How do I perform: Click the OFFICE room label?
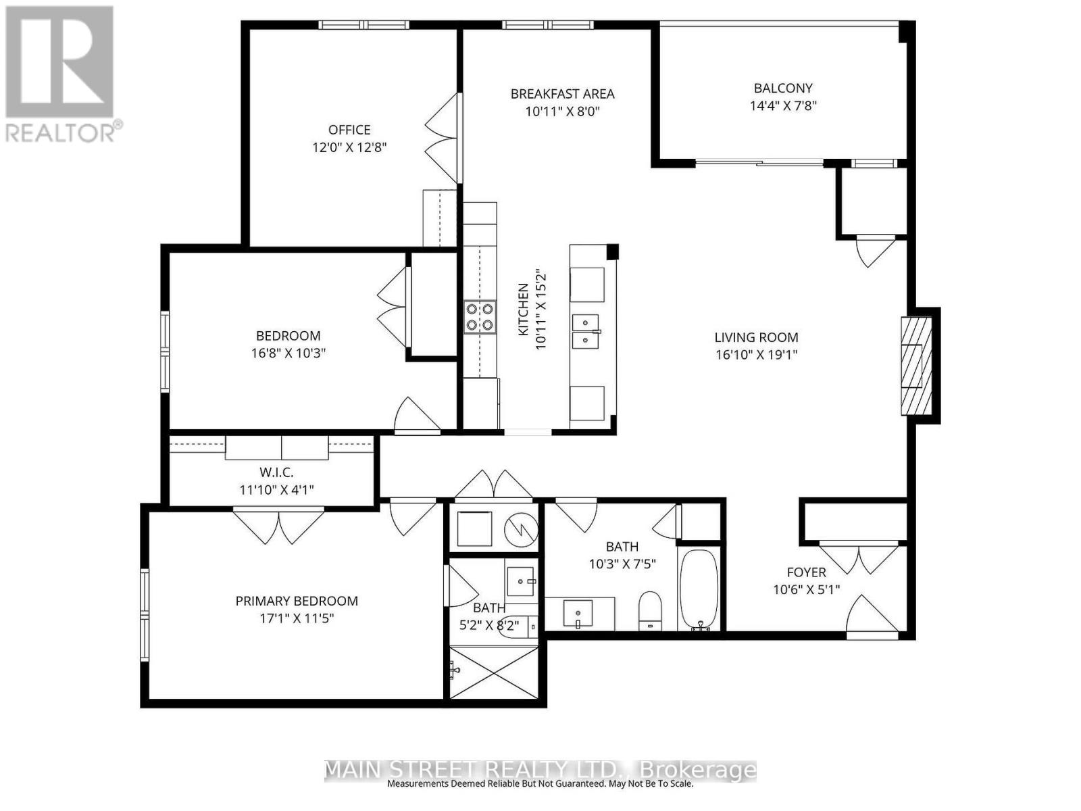(x=349, y=130)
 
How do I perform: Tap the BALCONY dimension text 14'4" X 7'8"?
(x=783, y=106)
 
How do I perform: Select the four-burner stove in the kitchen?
(x=480, y=317)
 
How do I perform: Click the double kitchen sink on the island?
(x=586, y=331)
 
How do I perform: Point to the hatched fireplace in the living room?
(x=917, y=366)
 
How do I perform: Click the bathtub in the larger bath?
(x=699, y=589)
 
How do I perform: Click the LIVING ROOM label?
(x=757, y=337)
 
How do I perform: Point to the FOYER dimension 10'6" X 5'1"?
(x=806, y=589)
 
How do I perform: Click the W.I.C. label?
(x=276, y=472)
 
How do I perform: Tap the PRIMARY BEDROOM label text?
(x=297, y=601)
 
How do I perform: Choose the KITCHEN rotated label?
(x=524, y=310)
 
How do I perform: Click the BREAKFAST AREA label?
(x=562, y=93)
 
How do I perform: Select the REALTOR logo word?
(x=61, y=132)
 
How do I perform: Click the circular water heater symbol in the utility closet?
(x=520, y=529)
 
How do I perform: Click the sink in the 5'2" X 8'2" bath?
(x=520, y=581)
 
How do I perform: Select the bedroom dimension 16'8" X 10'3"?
(x=288, y=353)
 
